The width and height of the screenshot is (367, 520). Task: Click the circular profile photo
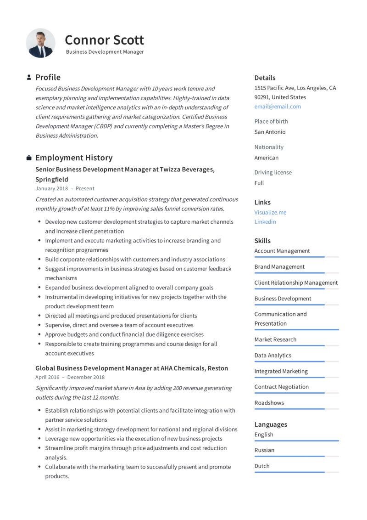coord(40,43)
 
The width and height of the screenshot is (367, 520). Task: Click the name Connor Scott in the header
coord(104,40)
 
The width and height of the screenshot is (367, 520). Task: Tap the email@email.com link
coord(278,107)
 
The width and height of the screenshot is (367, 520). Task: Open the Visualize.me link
coord(270,212)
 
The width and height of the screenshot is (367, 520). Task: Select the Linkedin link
coord(265,222)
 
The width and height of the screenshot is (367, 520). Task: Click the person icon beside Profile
coord(29,77)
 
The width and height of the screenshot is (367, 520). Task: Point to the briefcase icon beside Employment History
coord(29,158)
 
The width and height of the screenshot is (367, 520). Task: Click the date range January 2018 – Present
coord(65,188)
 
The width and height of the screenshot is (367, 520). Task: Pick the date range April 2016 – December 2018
coord(70,378)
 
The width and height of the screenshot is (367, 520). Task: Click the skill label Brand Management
coord(279,267)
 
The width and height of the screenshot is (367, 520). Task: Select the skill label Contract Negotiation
coord(282,387)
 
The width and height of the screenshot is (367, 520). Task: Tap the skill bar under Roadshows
coord(296,409)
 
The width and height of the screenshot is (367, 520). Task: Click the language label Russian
coord(264,450)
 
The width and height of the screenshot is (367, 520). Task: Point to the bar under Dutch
coord(296,472)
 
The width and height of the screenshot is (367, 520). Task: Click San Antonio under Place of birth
coord(270,132)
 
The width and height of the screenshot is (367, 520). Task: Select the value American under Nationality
coord(267,158)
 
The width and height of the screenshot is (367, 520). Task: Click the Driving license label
coord(273,173)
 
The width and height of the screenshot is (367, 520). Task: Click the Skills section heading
coord(262,241)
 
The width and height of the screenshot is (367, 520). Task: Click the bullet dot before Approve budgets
coord(39,335)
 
